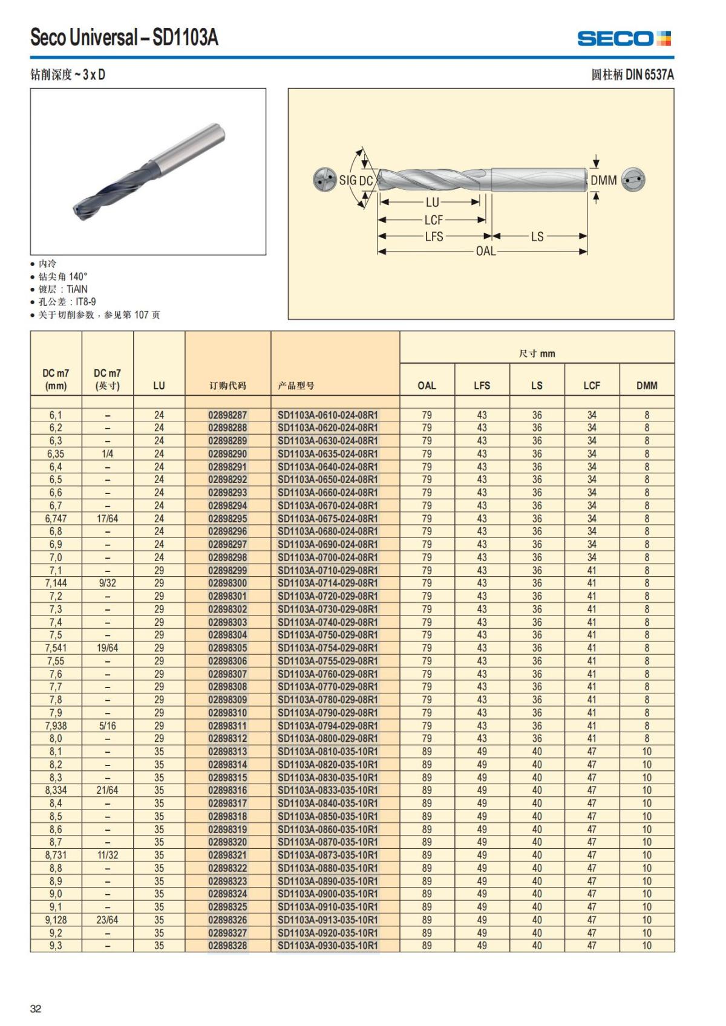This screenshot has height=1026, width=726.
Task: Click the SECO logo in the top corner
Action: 624,39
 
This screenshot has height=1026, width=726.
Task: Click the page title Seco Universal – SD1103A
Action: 124,38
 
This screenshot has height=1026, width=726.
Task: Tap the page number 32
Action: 36,1008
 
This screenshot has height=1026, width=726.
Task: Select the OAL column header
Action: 427,385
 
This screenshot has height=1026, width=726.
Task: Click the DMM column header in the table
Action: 647,385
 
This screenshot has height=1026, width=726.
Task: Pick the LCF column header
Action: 592,385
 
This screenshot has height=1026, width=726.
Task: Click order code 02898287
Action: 227,415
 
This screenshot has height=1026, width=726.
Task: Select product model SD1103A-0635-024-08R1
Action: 327,454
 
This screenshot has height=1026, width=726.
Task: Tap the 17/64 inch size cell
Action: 107,519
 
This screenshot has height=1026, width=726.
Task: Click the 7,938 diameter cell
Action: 56,726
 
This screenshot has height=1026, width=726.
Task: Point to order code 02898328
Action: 227,946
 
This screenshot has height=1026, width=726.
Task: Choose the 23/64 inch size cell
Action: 107,920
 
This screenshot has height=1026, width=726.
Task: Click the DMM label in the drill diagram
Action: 603,180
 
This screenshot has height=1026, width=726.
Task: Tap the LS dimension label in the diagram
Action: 537,236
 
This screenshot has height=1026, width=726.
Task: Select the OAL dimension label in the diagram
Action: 486,251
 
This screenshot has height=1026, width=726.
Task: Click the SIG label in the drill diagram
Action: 348,180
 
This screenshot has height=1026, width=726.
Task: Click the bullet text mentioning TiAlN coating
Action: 63,289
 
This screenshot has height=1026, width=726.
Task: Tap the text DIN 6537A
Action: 649,74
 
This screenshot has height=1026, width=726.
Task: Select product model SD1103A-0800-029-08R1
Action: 327,738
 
